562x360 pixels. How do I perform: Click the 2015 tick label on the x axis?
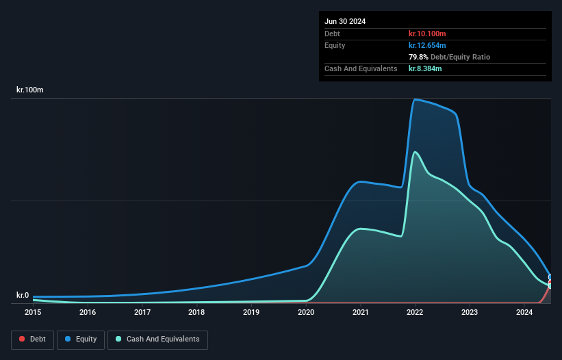click(33, 313)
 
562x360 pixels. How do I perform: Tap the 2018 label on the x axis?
click(196, 313)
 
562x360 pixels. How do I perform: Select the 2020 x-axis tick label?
click(306, 313)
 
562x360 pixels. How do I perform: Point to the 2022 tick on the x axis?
click(415, 313)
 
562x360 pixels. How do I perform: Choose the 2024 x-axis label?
click(524, 313)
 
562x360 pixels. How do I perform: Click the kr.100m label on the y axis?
click(30, 90)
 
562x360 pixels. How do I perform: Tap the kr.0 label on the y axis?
click(23, 295)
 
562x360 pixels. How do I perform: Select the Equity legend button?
click(80, 339)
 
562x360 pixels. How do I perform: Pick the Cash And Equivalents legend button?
click(157, 339)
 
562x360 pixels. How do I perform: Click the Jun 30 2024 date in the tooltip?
click(345, 21)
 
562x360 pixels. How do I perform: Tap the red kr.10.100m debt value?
click(427, 34)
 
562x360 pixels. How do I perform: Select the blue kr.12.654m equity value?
click(427, 45)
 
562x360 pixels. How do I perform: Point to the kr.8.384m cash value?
click(425, 68)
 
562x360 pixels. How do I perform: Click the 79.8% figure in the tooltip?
click(419, 57)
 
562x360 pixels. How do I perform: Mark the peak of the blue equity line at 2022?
click(415, 100)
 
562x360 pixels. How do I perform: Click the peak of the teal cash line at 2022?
click(415, 152)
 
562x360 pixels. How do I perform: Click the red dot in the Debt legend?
click(23, 339)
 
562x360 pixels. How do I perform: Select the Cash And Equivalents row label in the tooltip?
click(361, 68)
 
